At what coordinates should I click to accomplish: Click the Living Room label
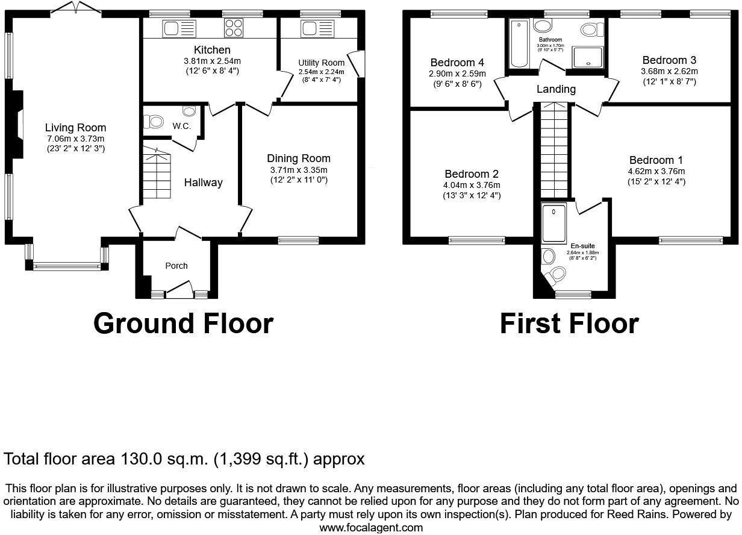(75, 127)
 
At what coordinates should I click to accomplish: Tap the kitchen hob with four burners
(234, 28)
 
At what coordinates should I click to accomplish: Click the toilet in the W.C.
(154, 122)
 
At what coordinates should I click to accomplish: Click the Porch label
(176, 266)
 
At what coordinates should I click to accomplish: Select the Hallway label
(203, 183)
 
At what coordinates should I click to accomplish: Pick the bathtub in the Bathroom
(519, 44)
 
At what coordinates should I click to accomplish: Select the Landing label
(556, 89)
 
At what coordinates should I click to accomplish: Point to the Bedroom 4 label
(457, 63)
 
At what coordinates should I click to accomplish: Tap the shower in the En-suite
(554, 222)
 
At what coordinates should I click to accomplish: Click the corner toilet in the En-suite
(556, 276)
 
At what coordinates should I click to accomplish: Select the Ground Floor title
(183, 324)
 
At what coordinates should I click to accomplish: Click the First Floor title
(569, 324)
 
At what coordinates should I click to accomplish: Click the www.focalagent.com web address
(370, 528)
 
